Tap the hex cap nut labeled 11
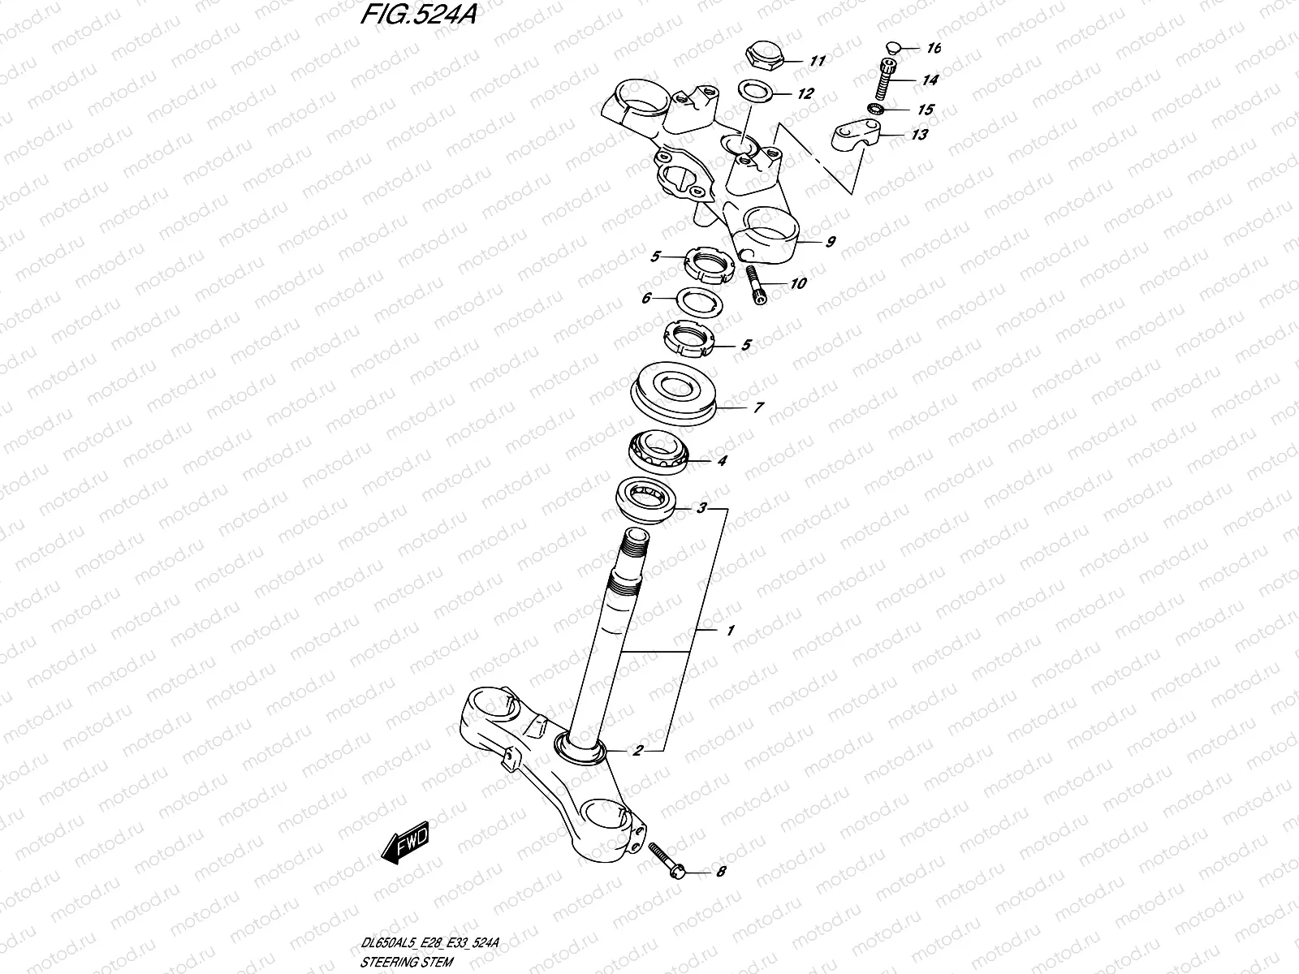pyautogui.click(x=763, y=58)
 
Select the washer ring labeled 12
pyautogui.click(x=754, y=90)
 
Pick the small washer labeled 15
pyautogui.click(x=877, y=109)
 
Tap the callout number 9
pyautogui.click(x=830, y=242)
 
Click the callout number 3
pyautogui.click(x=701, y=509)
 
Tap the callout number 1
pyautogui.click(x=730, y=630)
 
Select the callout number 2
pyautogui.click(x=638, y=751)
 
